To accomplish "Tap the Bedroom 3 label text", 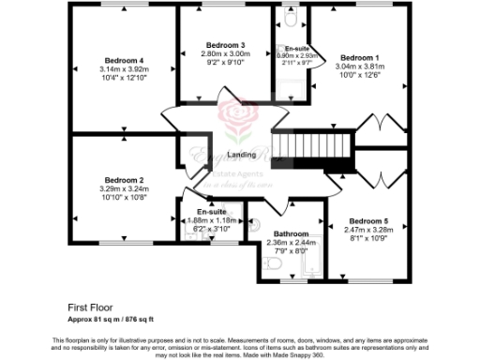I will click(x=225, y=45).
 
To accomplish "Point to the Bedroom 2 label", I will click(x=124, y=180).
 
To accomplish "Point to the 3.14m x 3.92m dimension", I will click(x=125, y=69).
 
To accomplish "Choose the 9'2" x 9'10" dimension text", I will click(x=225, y=63).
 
